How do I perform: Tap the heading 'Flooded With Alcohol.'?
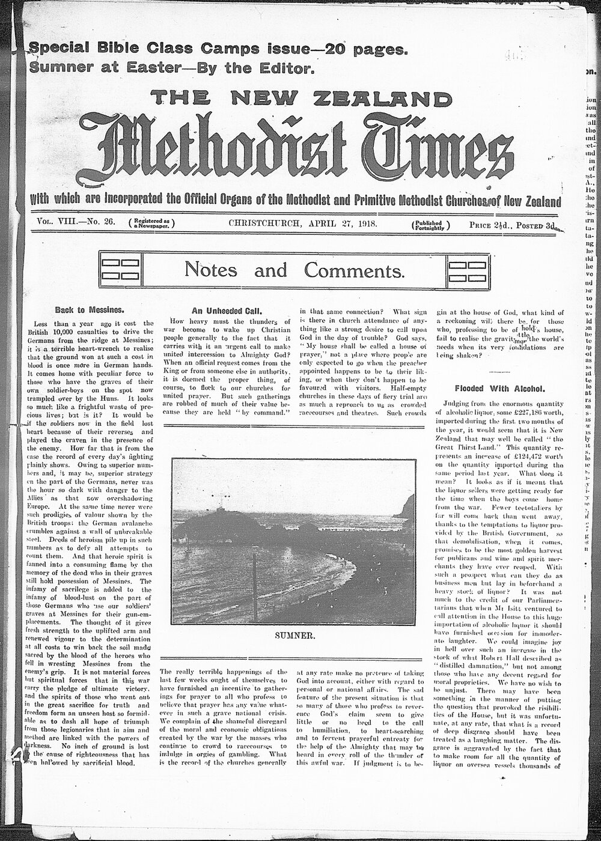click(x=499, y=388)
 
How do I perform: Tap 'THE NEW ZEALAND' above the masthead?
click(x=300, y=99)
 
